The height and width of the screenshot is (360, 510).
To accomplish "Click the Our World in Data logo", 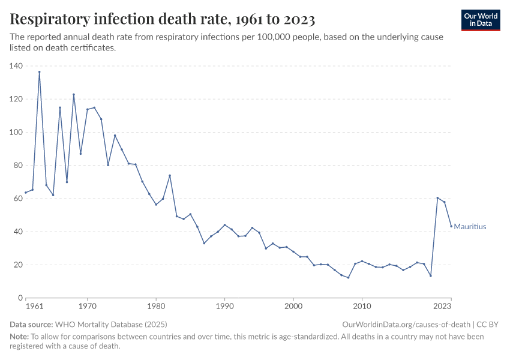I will pyautogui.click(x=481, y=20).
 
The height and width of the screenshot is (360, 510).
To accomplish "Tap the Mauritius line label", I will pyautogui.click(x=470, y=227).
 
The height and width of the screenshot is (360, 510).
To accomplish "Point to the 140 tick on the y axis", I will pyautogui.click(x=16, y=66).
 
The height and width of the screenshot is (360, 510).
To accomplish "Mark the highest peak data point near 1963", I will pyautogui.click(x=40, y=72).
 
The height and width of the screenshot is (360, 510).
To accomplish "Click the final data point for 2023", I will pyautogui.click(x=451, y=226).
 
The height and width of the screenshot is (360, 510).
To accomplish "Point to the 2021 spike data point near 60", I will pyautogui.click(x=437, y=198).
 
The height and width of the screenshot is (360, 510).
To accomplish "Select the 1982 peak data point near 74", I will pyautogui.click(x=170, y=175).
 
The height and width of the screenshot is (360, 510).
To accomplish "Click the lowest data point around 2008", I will pyautogui.click(x=348, y=277).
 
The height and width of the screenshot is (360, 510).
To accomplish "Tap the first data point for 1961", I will pyautogui.click(x=26, y=193).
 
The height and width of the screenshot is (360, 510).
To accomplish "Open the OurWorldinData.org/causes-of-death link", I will pyautogui.click(x=406, y=325).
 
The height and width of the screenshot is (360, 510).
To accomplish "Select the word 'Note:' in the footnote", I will pyautogui.click(x=20, y=337).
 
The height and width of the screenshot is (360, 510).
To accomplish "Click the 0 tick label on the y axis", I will pyautogui.click(x=20, y=298).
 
